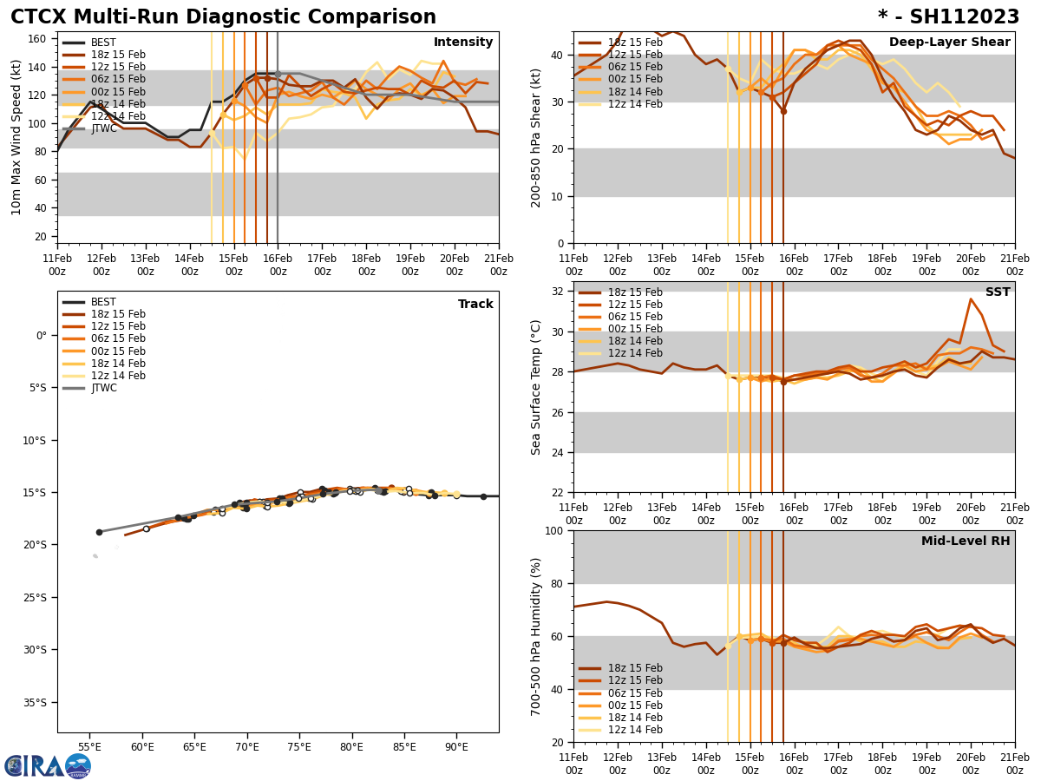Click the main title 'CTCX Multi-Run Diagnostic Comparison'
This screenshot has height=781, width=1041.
[223, 17]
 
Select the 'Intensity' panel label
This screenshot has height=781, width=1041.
[463, 43]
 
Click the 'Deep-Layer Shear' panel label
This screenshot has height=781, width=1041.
[949, 43]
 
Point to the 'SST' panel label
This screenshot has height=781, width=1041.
[998, 292]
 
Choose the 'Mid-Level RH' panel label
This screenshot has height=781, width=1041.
[966, 541]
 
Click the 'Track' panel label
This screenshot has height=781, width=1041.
[475, 305]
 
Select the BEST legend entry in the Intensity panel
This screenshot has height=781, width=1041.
[102, 43]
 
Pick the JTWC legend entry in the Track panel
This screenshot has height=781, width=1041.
[103, 388]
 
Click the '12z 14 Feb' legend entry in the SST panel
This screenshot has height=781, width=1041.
[632, 353]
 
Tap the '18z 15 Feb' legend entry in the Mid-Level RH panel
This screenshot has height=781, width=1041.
[632, 668]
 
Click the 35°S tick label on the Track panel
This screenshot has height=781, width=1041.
[34, 702]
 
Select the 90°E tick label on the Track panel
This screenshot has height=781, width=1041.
[456, 747]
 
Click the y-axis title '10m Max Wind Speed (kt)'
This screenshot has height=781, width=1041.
[16, 138]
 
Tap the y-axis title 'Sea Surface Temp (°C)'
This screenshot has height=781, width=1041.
[536, 387]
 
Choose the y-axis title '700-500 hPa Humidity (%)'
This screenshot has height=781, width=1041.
[536, 636]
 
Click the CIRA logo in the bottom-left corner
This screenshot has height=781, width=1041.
[47, 766]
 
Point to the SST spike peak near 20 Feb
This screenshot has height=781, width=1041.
[971, 299]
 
